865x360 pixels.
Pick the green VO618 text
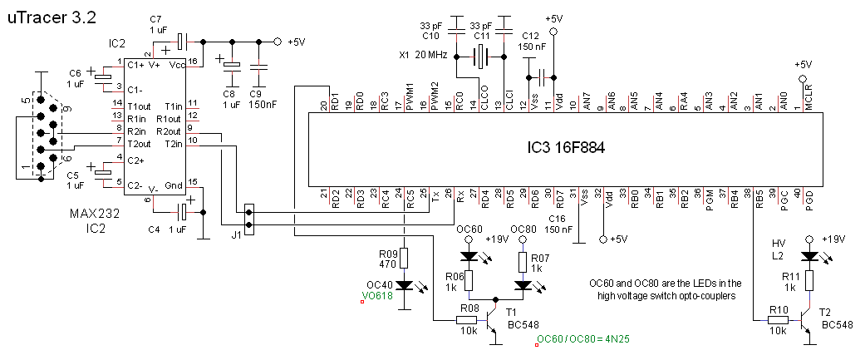click(378, 294)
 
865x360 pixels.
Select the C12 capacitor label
click(532, 35)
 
